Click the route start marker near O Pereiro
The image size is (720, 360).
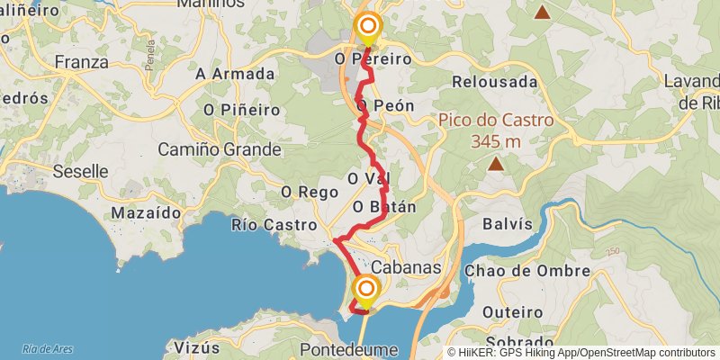(x=367, y=27)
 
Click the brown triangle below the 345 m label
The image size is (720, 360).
(x=496, y=164)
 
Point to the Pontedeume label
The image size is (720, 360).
(x=347, y=349)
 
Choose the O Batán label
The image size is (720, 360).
(x=384, y=207)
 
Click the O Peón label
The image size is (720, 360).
(x=385, y=106)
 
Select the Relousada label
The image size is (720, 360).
(x=495, y=82)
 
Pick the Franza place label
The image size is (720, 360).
(x=81, y=62)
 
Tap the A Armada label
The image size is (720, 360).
(x=235, y=74)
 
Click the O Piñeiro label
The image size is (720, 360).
(x=238, y=110)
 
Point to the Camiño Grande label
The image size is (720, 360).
(x=220, y=149)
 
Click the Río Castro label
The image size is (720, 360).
(x=274, y=225)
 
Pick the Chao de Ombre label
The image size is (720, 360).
(x=527, y=271)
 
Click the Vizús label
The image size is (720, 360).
(x=196, y=348)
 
